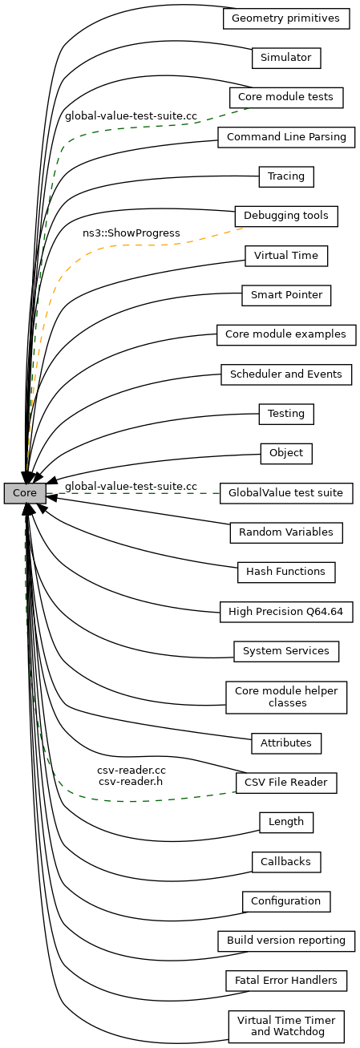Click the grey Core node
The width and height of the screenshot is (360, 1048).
[x=25, y=493]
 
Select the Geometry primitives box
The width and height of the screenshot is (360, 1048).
[x=286, y=18]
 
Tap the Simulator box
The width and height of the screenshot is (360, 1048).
[x=286, y=58]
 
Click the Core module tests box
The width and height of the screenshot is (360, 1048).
[x=286, y=97]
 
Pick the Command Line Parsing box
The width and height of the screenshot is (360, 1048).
[x=286, y=137]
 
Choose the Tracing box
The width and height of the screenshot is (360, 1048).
[x=286, y=176]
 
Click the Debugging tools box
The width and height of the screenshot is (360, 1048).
[x=286, y=216]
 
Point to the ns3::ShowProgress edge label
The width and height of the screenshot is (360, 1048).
[x=131, y=233]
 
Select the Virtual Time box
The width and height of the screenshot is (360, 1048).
[x=286, y=256]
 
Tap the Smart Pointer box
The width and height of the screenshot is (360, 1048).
[x=286, y=295]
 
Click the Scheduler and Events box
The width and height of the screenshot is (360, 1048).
[x=286, y=374]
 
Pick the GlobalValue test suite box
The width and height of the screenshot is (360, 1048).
[x=286, y=493]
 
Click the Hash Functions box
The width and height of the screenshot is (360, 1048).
[x=286, y=573]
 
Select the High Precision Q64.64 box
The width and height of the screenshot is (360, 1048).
[x=286, y=612]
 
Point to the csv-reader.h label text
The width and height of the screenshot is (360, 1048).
[x=131, y=781]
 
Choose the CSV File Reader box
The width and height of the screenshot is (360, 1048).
[x=286, y=783]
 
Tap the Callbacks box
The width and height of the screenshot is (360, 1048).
[x=286, y=862]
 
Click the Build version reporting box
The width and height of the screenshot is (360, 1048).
[x=286, y=941]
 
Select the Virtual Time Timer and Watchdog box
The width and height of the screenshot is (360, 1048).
[x=286, y=1026]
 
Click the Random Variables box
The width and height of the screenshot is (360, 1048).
[x=286, y=532]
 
